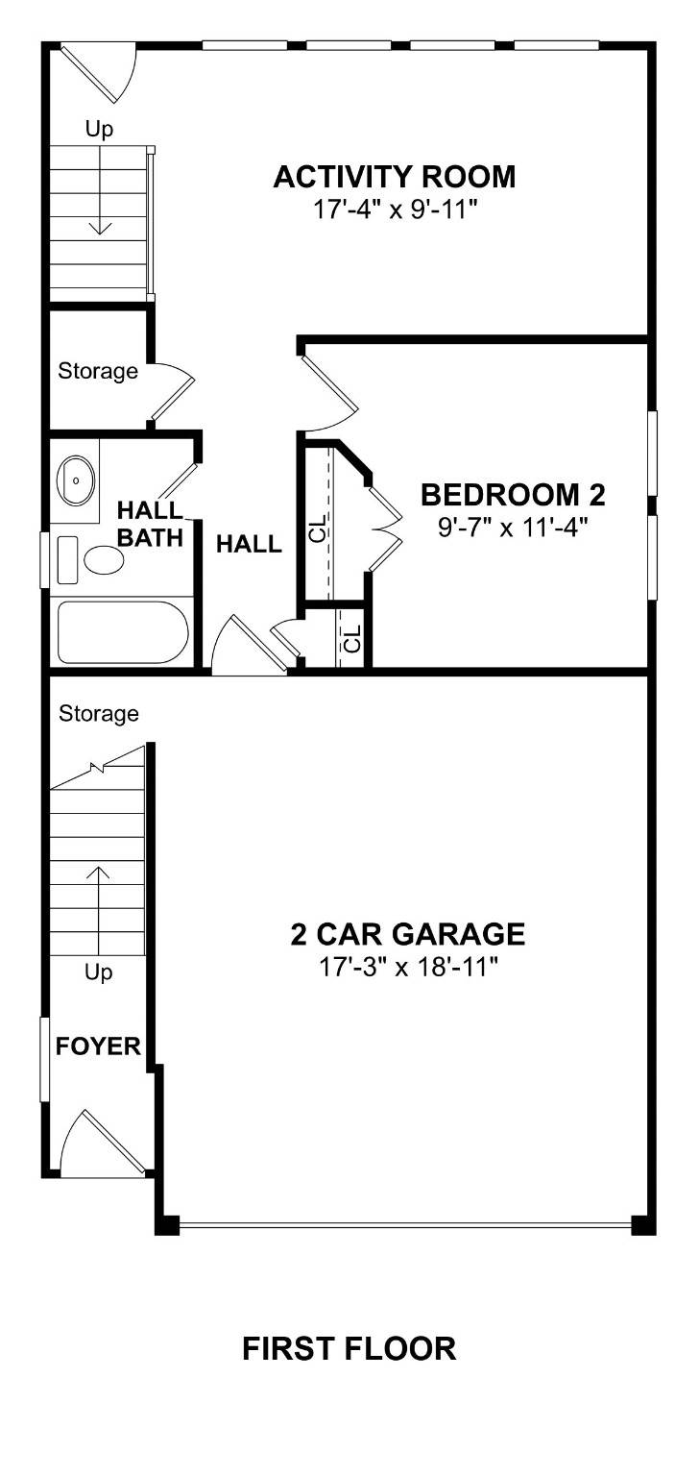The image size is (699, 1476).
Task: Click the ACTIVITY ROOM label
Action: point(395,177)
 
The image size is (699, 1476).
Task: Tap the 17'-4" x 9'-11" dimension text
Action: point(395,209)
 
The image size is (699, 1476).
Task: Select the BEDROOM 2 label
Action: point(514,495)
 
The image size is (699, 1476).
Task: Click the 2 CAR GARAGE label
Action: point(408,933)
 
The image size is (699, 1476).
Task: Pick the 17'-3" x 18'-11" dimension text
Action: point(408,965)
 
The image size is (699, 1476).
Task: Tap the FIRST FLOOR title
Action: point(349,1348)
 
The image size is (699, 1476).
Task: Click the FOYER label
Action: point(98,1046)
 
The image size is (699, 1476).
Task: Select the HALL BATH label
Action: point(150,523)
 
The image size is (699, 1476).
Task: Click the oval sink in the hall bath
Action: point(75,477)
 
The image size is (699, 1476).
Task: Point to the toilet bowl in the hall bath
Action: point(99,559)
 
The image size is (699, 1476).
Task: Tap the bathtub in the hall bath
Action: point(123,632)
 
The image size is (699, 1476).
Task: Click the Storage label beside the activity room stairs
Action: point(98,371)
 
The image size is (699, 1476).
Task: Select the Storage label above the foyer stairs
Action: point(98,714)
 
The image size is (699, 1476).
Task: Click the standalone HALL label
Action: point(249,545)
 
